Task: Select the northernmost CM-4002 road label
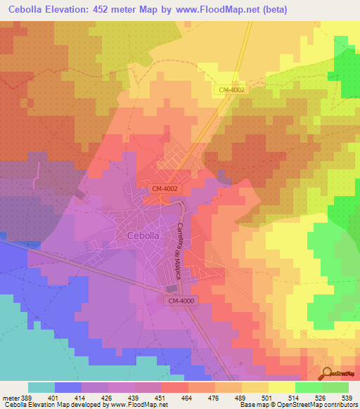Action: [x=232, y=89]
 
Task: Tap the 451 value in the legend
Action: [x=161, y=397]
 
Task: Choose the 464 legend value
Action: [x=186, y=397]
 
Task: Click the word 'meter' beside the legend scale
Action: [x=12, y=397]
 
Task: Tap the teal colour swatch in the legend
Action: [x=41, y=387]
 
